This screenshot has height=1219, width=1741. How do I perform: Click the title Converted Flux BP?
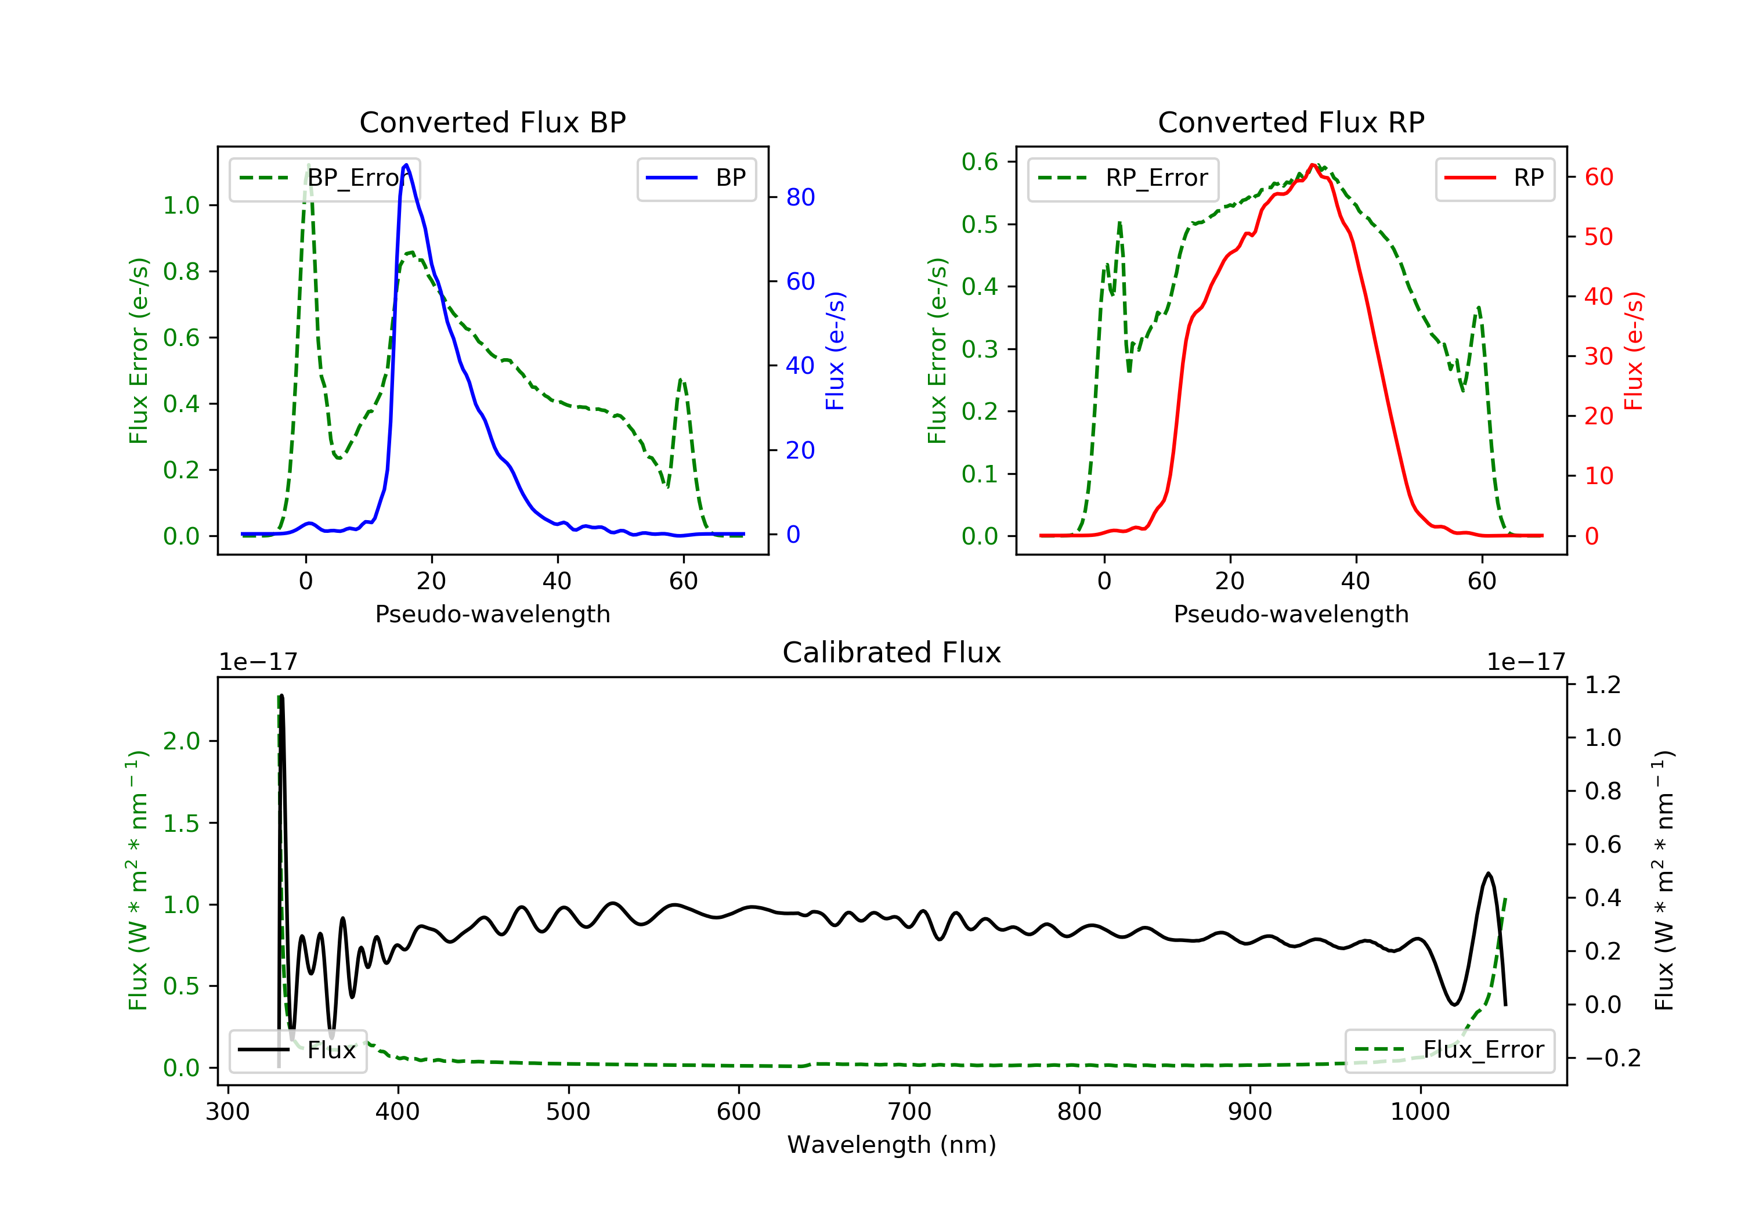[x=492, y=122]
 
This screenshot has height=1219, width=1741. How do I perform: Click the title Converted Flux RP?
[x=1291, y=122]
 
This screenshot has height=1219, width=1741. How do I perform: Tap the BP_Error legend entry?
[x=324, y=178]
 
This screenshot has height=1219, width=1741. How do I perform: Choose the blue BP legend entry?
[x=696, y=178]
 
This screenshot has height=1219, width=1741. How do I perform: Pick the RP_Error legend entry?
[x=1123, y=178]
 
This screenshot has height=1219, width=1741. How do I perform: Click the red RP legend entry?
[x=1494, y=178]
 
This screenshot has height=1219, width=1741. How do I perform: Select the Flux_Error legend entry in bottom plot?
[x=1449, y=1050]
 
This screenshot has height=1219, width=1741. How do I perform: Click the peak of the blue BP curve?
[x=406, y=165]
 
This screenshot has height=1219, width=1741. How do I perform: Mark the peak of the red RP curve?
[x=1313, y=165]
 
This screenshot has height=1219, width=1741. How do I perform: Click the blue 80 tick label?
[x=800, y=197]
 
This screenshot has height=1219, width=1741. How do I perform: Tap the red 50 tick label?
[x=1598, y=237]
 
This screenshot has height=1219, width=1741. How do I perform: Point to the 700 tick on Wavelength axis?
[x=909, y=1112]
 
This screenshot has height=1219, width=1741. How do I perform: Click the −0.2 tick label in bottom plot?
[x=1612, y=1058]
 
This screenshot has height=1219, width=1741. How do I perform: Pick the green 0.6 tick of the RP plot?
[x=980, y=161]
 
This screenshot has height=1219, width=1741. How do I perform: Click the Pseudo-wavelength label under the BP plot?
[x=492, y=614]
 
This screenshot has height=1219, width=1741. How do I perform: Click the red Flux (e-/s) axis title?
[x=1633, y=351]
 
